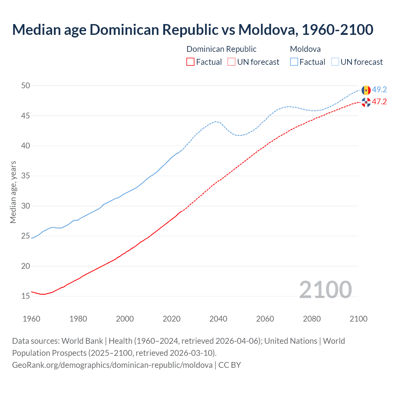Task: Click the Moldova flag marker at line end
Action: coord(366,90)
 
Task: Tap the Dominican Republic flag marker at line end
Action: coord(366,102)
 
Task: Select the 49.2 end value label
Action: coord(379,89)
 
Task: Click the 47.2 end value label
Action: coord(379,102)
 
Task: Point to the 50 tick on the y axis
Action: coord(26,85)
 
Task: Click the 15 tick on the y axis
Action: coord(26,296)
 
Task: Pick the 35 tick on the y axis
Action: coord(26,176)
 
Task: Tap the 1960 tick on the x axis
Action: coord(31,319)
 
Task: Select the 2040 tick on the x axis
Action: coord(218,319)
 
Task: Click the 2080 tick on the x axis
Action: coord(312,319)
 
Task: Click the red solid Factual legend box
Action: coord(190,62)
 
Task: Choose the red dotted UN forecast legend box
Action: coord(231,62)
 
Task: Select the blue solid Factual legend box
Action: coord(294,62)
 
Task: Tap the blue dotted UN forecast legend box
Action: coord(335,62)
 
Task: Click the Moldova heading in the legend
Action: coord(305,49)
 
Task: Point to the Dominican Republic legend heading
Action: coord(221,49)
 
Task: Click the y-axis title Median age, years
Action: coord(13,192)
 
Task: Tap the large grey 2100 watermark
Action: coord(325,289)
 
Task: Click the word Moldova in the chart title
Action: coord(268,30)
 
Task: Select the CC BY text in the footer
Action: coord(230,365)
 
